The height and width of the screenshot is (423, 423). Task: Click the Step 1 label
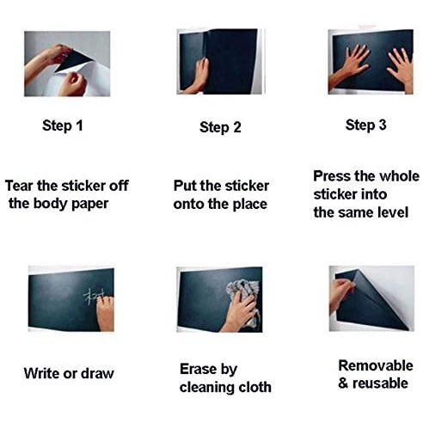tap(63, 126)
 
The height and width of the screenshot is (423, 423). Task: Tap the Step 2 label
tap(220, 127)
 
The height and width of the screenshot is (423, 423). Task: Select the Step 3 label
tap(365, 126)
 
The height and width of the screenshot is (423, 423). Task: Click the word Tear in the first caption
tap(19, 186)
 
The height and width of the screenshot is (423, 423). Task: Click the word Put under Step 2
tap(185, 186)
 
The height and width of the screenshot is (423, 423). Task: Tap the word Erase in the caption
tap(198, 369)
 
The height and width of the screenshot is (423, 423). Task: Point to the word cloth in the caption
tap(255, 387)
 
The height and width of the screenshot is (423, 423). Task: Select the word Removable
tap(376, 365)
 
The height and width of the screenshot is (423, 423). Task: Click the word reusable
tap(380, 383)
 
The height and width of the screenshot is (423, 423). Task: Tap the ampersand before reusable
tap(343, 383)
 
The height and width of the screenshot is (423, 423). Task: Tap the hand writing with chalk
tap(105, 313)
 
